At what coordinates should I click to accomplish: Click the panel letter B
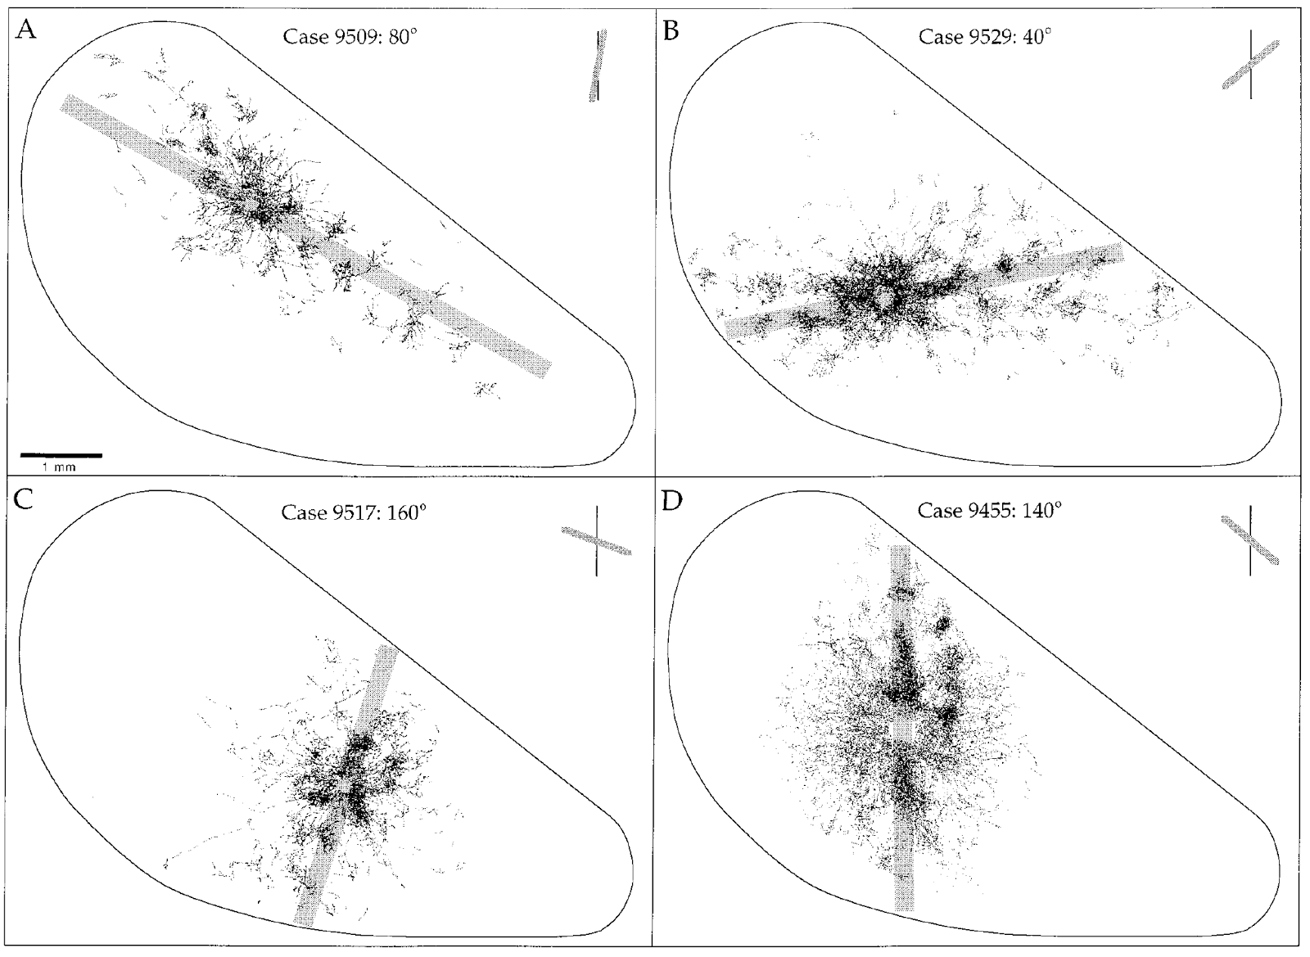[x=672, y=32]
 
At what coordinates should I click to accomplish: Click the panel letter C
[x=25, y=499]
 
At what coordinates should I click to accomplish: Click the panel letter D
[x=672, y=500]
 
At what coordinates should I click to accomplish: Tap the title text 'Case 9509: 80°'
[x=350, y=37]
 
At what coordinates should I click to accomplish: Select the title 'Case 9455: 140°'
[x=989, y=511]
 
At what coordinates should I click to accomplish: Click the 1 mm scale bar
[x=61, y=454]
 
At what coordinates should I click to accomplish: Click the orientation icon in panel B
[x=1250, y=65]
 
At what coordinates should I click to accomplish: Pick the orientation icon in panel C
[x=596, y=541]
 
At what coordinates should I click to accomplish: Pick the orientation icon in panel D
[x=1250, y=540]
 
